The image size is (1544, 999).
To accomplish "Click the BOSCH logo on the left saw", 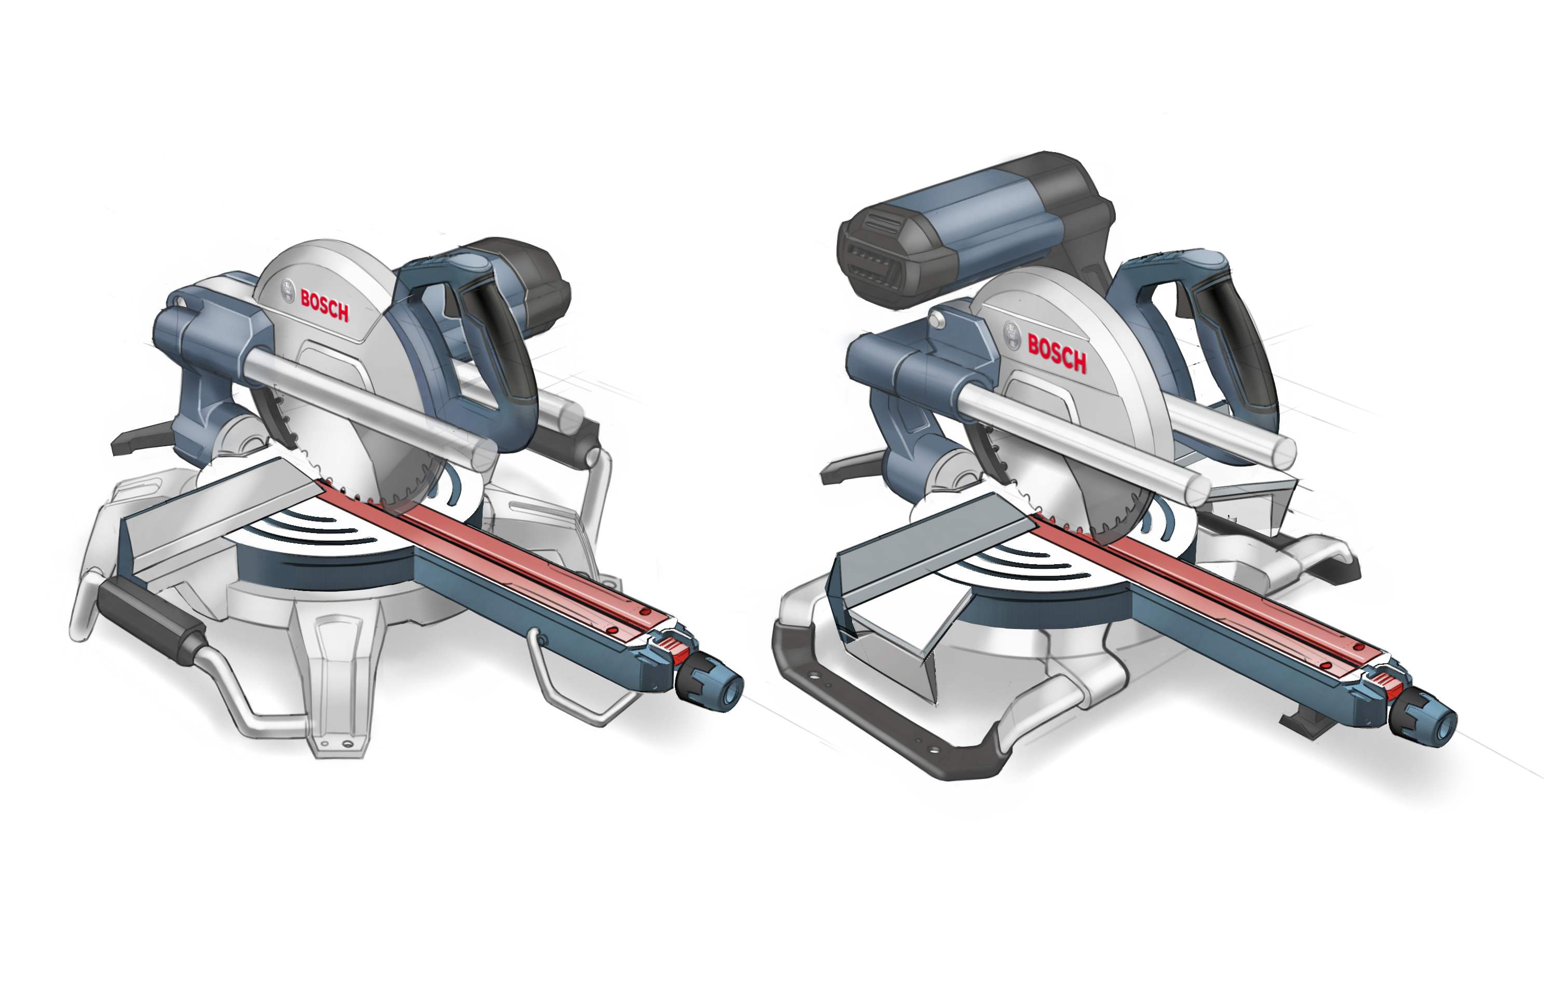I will [x=324, y=306].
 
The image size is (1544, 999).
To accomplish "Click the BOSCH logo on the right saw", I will [x=1057, y=354].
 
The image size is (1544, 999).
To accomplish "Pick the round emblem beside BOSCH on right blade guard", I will [x=1012, y=335].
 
